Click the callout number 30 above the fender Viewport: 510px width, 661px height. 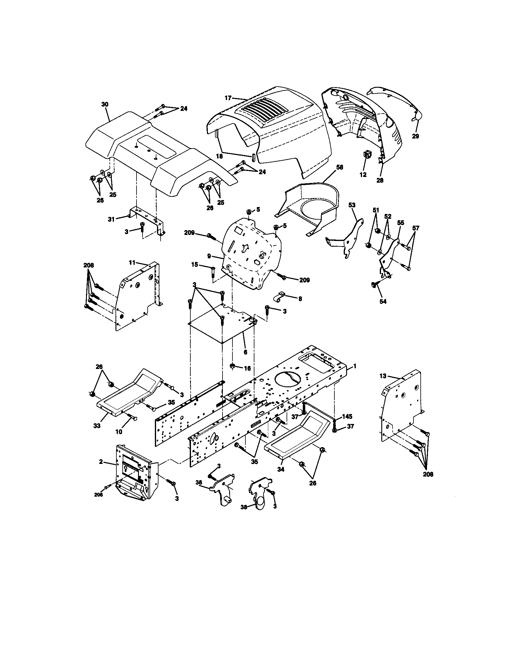[x=105, y=104]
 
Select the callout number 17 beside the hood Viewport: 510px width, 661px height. [x=228, y=98]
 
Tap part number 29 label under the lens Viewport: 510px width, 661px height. [x=416, y=136]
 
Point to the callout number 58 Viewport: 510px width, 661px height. [x=339, y=167]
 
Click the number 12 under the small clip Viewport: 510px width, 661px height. [x=363, y=175]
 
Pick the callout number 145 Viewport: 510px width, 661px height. [x=347, y=416]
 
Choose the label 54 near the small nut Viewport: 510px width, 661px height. [x=383, y=301]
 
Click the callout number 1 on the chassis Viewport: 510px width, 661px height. [x=355, y=366]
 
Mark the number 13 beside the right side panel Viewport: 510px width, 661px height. [x=383, y=376]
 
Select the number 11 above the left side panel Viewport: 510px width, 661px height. [x=132, y=262]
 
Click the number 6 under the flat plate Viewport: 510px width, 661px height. [x=245, y=352]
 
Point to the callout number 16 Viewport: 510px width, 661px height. [x=247, y=368]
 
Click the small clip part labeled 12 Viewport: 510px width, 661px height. [x=367, y=155]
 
